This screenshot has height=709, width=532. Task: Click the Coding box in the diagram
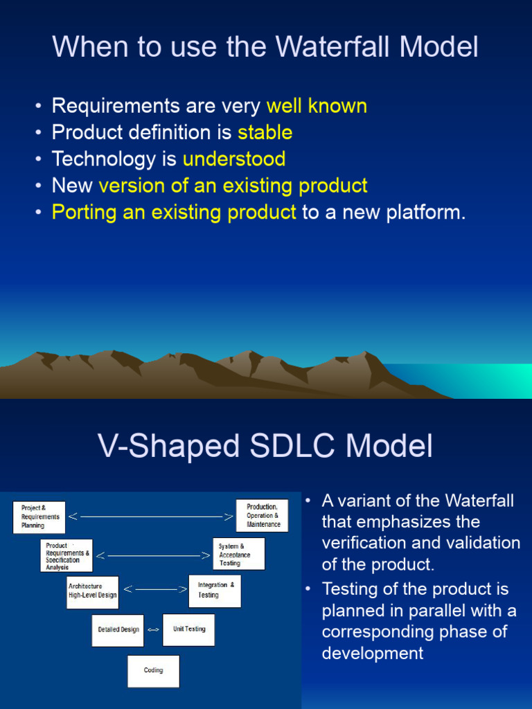click(x=153, y=671)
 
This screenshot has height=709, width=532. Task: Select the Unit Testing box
click(x=188, y=629)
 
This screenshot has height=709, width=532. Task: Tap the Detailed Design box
click(x=118, y=630)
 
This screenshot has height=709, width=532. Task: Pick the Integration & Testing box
click(x=215, y=591)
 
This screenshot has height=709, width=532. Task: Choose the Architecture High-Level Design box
click(x=93, y=593)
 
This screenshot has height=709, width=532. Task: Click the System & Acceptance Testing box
click(x=239, y=553)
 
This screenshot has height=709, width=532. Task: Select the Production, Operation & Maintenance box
click(x=263, y=515)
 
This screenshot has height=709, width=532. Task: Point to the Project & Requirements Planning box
click(x=39, y=517)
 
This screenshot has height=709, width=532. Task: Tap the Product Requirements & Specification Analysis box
click(x=66, y=555)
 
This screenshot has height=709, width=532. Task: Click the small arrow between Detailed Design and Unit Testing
click(x=153, y=629)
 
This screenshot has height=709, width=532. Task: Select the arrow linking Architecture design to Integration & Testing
click(x=155, y=589)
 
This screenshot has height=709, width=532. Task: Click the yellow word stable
click(x=265, y=132)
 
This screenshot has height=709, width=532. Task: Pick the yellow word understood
click(x=234, y=159)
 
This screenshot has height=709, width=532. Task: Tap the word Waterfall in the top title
click(x=332, y=46)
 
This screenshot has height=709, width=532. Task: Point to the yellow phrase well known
click(x=317, y=106)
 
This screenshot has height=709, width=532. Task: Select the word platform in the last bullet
click(x=426, y=213)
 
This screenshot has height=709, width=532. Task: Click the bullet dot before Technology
click(x=39, y=160)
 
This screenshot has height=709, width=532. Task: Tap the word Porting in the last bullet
click(x=85, y=213)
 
